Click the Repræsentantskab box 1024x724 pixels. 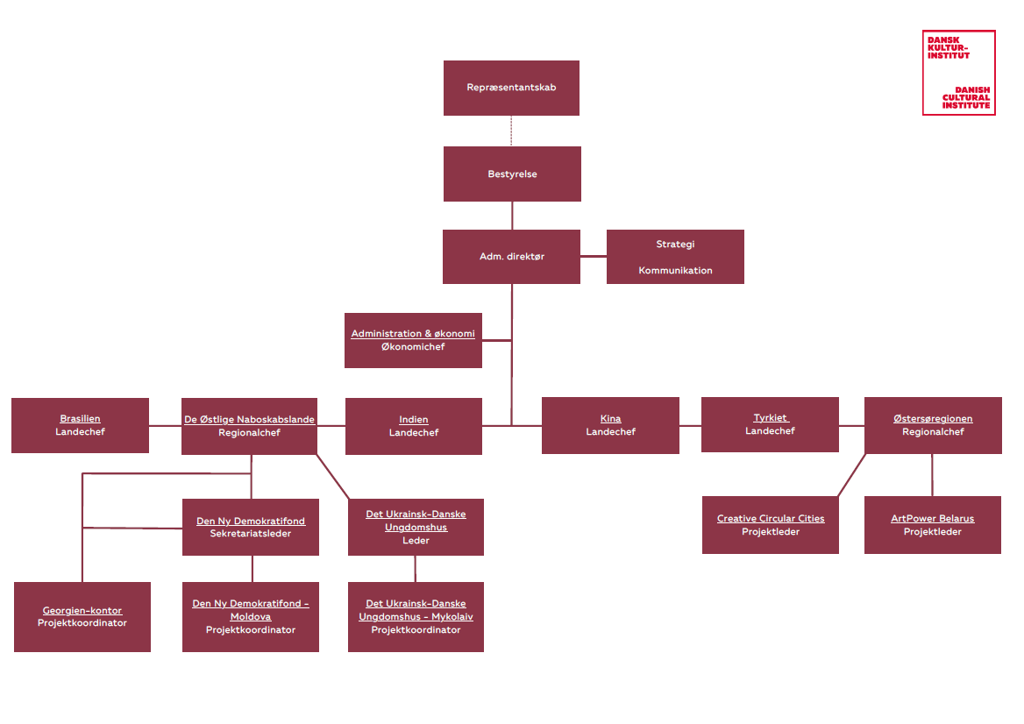pos(511,88)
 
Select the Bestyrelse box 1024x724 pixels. pos(512,174)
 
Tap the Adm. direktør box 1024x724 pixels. pos(511,257)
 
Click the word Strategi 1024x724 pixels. pos(675,245)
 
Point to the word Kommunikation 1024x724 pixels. pos(675,271)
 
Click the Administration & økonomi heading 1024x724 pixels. pos(413,334)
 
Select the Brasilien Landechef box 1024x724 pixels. pos(80,426)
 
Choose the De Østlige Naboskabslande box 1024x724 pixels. pos(249,426)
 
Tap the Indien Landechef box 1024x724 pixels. pos(413,426)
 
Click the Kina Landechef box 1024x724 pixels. pos(610,425)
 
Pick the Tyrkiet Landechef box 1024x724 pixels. pos(770,424)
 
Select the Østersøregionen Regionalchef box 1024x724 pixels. pos(933,425)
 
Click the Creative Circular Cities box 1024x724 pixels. pos(770,525)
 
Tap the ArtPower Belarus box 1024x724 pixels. pos(933,525)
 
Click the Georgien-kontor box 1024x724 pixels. pos(82,617)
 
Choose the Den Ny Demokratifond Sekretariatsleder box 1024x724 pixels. pos(251,527)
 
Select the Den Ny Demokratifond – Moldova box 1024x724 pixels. pos(251,617)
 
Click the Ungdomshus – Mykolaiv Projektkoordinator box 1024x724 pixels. pos(416,617)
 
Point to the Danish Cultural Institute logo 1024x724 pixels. pos(958,73)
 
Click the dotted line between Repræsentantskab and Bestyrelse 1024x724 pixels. pos(511,131)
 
